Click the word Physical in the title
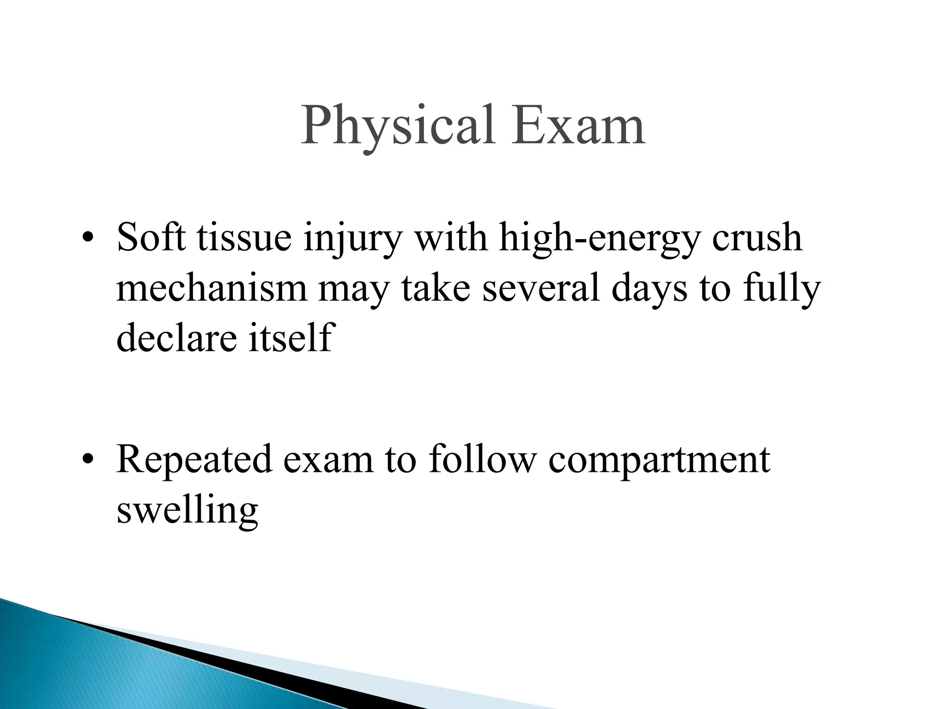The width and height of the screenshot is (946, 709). tap(400, 126)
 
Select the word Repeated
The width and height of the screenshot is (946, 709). tap(194, 461)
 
